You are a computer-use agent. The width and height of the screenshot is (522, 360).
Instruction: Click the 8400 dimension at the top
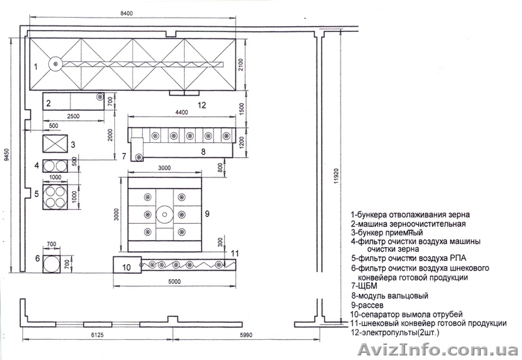[x=126, y=13]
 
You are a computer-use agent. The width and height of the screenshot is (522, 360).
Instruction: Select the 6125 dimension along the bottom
[x=97, y=335]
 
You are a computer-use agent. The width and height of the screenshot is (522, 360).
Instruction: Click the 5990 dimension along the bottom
[x=246, y=335]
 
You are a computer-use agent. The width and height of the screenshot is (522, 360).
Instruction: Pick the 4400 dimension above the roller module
[x=181, y=112]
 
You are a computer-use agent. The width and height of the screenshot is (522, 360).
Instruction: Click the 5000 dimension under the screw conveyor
[x=174, y=282]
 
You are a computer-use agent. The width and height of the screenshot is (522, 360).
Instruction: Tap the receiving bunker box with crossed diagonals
[x=55, y=143]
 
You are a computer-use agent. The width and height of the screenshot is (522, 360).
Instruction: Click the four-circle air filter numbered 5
[x=55, y=196]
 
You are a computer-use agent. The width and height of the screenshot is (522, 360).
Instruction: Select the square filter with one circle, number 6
[x=52, y=264]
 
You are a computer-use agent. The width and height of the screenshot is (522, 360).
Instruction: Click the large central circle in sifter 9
[x=164, y=215]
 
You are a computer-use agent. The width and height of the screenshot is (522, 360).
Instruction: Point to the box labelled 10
[x=127, y=265]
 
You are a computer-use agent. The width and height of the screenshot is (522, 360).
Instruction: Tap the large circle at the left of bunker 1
[x=55, y=63]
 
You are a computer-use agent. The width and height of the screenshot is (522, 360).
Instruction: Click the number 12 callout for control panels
[x=202, y=105]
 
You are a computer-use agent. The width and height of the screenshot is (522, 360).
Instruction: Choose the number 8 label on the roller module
[x=204, y=152]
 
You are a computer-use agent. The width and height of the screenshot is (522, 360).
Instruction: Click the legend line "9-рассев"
[x=367, y=305]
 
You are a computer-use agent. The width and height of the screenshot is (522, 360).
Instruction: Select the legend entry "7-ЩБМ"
[x=364, y=286]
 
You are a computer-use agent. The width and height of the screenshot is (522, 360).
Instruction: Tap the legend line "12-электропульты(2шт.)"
[x=395, y=332]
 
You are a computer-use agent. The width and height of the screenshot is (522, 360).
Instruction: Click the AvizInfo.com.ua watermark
[x=437, y=350]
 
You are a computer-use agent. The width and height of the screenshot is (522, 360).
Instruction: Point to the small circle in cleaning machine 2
[x=100, y=97]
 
